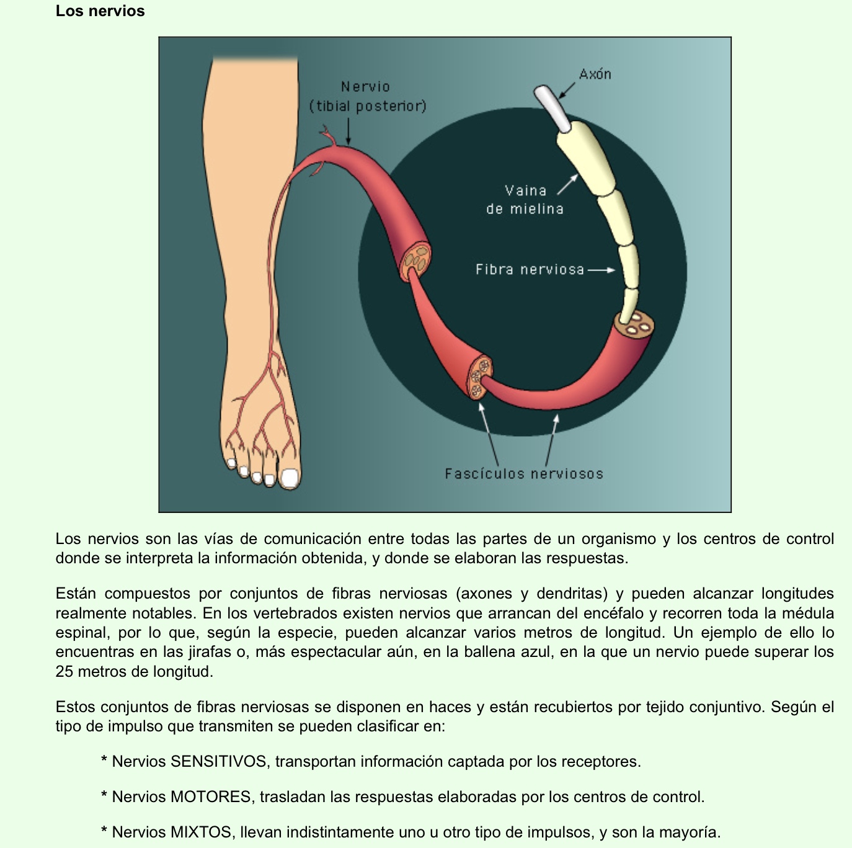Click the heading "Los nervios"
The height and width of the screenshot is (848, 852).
tap(100, 11)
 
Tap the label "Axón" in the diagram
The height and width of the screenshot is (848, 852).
tap(595, 74)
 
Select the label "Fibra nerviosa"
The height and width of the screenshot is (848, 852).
tap(530, 270)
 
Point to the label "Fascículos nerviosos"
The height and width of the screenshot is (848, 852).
tap(523, 474)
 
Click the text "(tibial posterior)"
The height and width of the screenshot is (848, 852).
tap(368, 106)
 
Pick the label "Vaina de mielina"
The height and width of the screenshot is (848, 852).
tap(525, 200)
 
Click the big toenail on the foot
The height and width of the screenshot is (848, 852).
tap(290, 478)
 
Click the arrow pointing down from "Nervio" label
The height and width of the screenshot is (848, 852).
tap(348, 132)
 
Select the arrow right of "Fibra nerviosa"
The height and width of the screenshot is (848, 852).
tap(601, 270)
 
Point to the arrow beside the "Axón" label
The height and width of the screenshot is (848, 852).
tap(567, 90)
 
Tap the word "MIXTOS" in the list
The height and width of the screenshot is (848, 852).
tap(202, 832)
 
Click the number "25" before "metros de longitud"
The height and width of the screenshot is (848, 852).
tap(64, 672)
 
